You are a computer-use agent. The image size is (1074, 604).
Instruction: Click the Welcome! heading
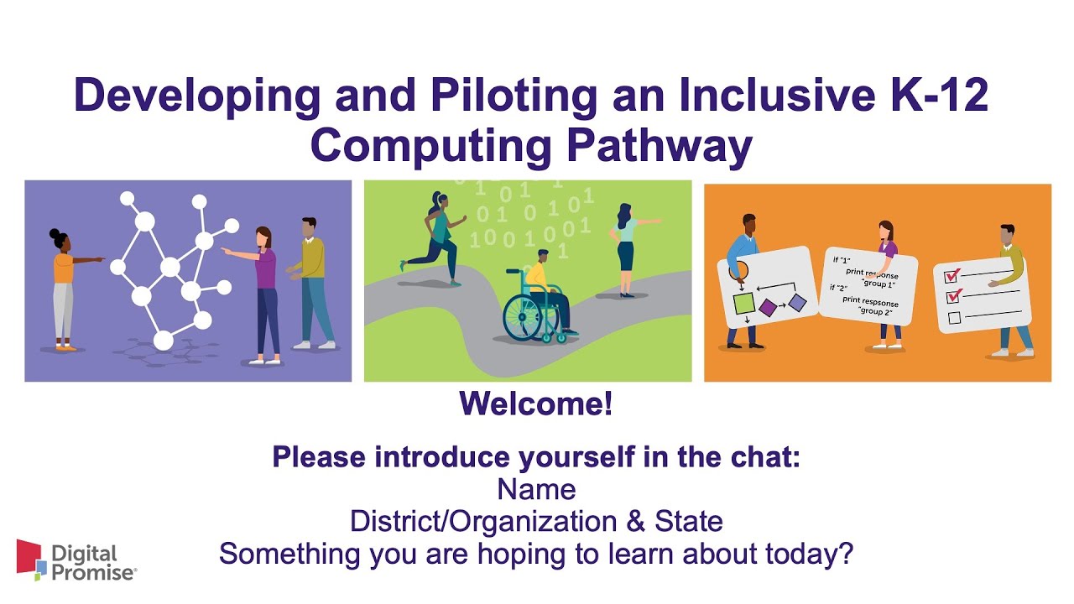536,405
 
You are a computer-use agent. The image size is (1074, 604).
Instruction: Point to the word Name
536,489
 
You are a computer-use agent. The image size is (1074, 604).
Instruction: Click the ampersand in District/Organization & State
636,522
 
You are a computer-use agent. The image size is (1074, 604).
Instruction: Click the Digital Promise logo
76,561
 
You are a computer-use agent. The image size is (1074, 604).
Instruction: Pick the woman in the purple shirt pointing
264,289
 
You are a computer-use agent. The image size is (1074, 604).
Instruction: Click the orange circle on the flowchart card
739,269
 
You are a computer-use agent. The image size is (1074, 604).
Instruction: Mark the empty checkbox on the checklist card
953,317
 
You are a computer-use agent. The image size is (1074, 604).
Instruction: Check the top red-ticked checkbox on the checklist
952,276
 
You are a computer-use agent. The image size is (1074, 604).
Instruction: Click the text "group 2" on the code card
875,310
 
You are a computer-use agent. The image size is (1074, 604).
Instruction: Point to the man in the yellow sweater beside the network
311,281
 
